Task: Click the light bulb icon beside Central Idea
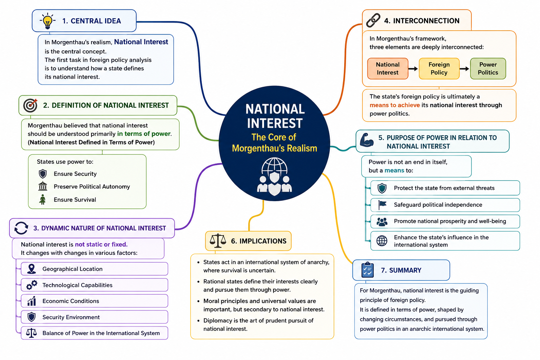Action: click(47, 21)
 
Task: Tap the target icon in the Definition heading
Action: click(30, 105)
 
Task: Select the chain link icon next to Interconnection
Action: click(373, 20)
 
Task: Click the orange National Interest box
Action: click(388, 69)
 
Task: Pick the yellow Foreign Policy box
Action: click(439, 69)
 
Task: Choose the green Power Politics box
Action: click(488, 69)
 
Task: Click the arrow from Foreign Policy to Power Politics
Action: click(464, 69)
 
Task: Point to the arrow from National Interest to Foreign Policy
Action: click(413, 69)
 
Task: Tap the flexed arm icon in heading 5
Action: click(367, 140)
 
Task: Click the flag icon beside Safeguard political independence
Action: click(382, 205)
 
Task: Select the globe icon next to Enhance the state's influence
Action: click(382, 240)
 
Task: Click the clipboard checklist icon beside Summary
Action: click(367, 270)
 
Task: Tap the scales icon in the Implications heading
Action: click(218, 240)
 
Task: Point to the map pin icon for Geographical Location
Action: click(32, 269)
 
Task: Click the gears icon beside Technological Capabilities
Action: click(32, 285)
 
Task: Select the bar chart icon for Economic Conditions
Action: click(32, 301)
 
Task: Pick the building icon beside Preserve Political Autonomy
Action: click(43, 186)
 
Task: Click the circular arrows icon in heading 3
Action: click(21, 228)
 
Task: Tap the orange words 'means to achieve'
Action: click(395, 105)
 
